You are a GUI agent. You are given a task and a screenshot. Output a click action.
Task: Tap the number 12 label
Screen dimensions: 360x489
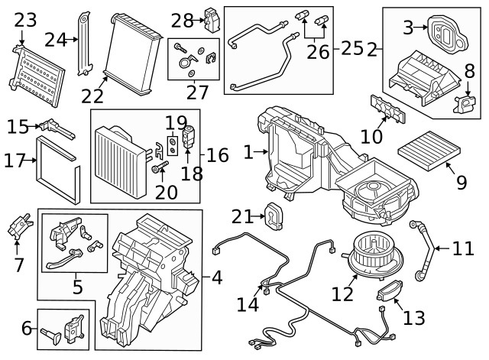342,292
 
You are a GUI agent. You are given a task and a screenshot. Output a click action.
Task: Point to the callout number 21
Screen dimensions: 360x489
241,217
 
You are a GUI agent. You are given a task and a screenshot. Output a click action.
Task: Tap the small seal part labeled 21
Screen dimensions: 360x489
273,216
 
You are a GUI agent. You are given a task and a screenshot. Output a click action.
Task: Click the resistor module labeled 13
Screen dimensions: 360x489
390,292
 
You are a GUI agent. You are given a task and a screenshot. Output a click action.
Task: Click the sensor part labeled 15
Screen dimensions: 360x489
57,130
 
